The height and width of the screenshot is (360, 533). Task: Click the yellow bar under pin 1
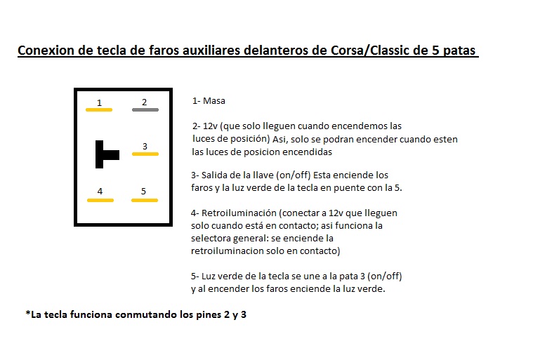pos(99,109)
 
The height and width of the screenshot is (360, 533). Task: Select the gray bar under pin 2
pos(145,109)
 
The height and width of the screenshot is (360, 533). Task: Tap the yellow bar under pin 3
pos(145,154)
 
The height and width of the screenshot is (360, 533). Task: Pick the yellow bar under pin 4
pos(100,199)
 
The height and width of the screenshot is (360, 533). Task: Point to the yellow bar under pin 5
pos(145,199)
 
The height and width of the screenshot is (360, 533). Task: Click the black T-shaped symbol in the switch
pos(106,154)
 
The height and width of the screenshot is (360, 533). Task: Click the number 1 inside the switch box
pos(99,102)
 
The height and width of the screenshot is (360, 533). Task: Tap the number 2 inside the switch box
pos(145,102)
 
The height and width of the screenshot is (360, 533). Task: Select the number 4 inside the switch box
pos(100,191)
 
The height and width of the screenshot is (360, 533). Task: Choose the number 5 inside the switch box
pos(144,191)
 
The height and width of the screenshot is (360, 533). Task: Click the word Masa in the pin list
pos(213,101)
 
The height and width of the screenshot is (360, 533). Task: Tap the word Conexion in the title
pos(44,51)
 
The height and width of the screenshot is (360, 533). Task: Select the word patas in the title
pos(459,51)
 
